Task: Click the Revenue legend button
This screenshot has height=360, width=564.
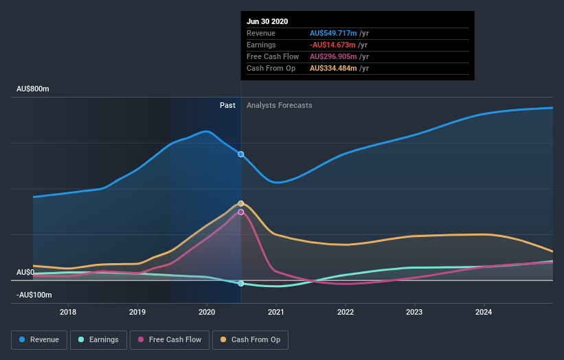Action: [39, 339]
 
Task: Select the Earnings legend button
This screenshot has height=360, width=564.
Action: [98, 339]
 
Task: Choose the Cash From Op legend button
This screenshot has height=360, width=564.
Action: [251, 339]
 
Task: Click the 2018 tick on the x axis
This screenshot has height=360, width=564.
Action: [68, 311]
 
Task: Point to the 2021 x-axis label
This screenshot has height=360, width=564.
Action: [276, 311]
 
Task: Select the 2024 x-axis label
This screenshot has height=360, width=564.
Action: [484, 311]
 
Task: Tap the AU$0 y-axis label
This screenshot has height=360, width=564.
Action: [25, 273]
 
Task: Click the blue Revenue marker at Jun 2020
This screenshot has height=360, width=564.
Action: [241, 154]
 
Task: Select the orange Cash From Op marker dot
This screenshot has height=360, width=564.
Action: [241, 203]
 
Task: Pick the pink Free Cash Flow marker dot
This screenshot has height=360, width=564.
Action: [241, 212]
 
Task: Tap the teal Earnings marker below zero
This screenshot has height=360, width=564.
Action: [241, 283]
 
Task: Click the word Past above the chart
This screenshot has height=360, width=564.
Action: [227, 106]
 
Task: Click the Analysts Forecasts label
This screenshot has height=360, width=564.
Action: [279, 106]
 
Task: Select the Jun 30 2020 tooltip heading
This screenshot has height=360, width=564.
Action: [267, 21]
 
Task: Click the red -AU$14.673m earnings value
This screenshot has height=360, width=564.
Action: [332, 45]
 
